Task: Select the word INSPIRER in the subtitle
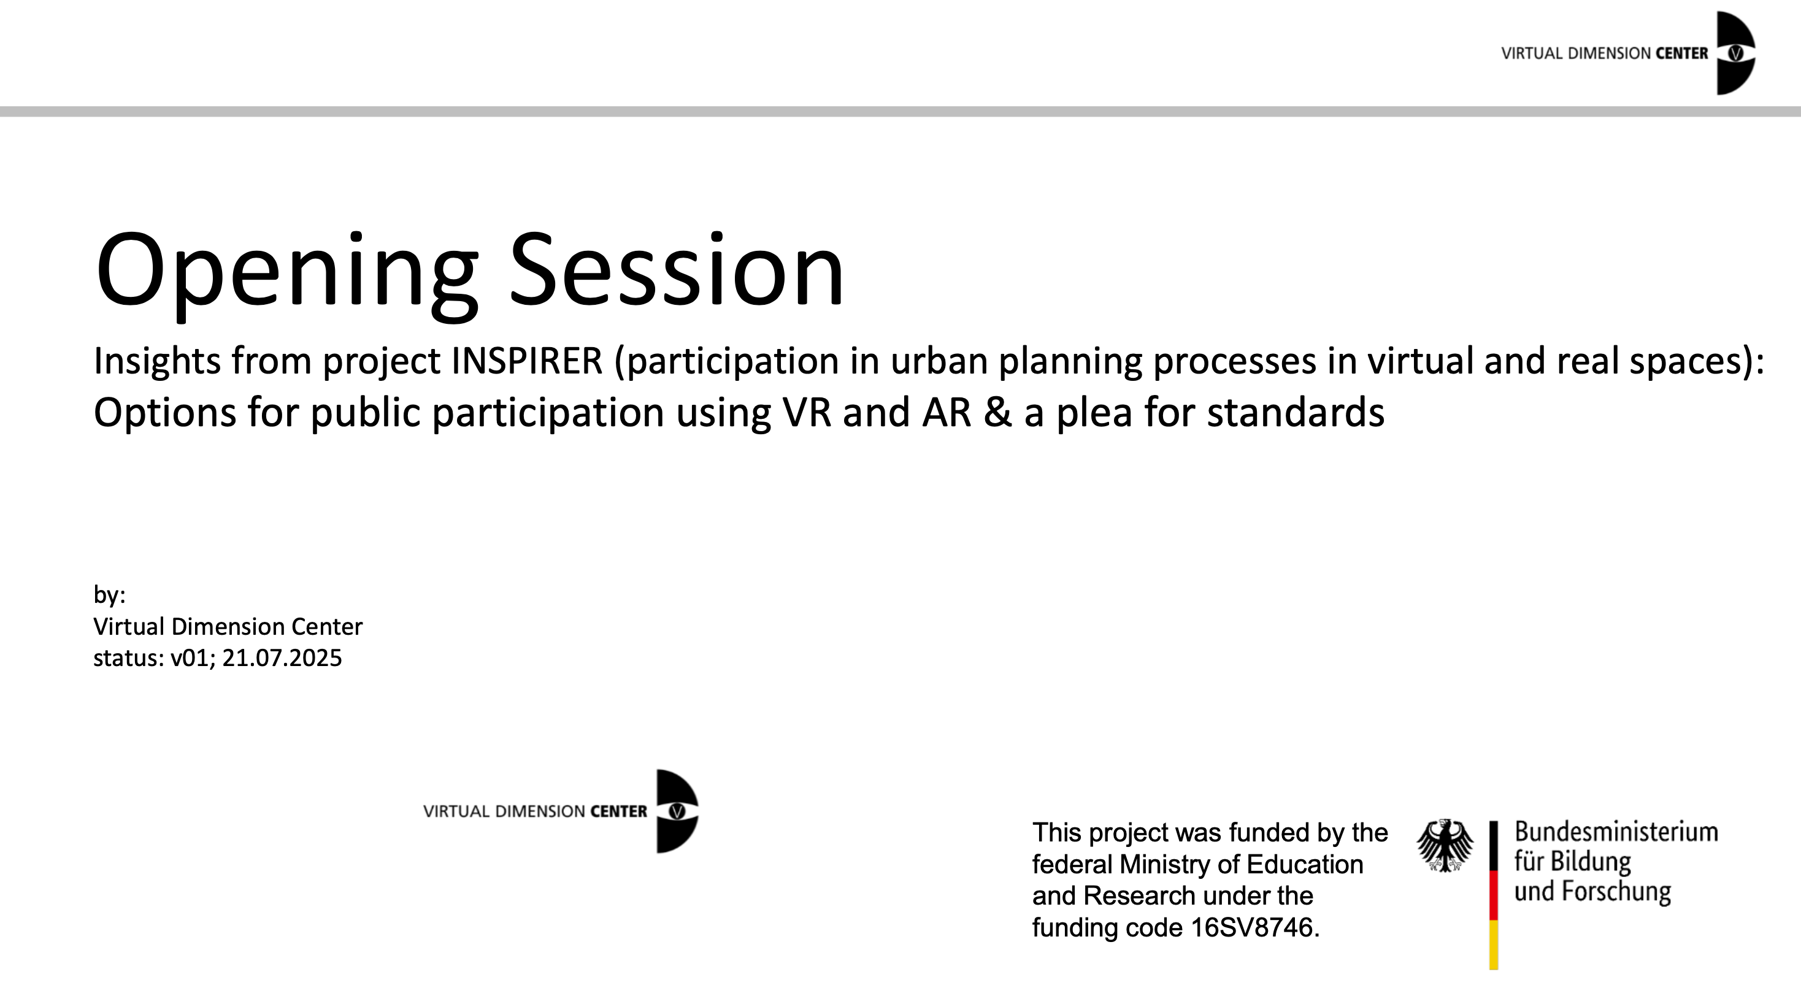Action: click(x=527, y=361)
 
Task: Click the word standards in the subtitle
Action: click(x=1296, y=412)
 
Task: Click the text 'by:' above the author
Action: click(x=109, y=596)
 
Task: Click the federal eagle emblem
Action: click(x=1445, y=846)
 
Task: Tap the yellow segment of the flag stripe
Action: click(x=1494, y=944)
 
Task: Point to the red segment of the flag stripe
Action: click(x=1494, y=895)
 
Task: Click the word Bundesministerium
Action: click(x=1616, y=832)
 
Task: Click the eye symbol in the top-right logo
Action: click(x=1735, y=53)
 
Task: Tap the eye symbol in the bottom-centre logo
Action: click(x=677, y=811)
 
